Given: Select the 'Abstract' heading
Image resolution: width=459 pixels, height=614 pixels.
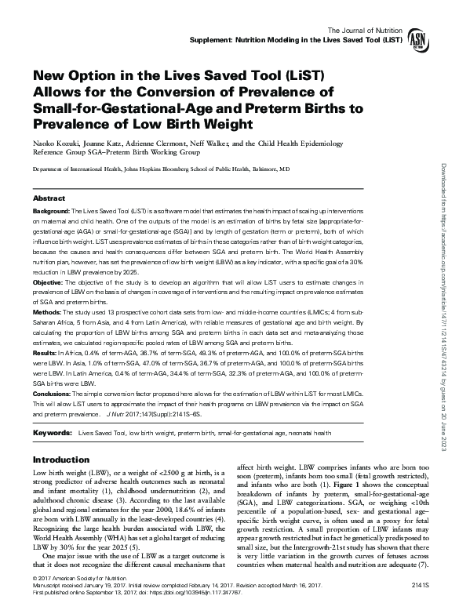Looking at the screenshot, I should pyautogui.click(x=49, y=199).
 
